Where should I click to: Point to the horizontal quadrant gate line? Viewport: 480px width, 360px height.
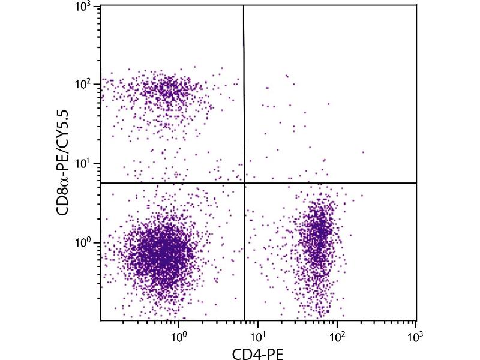click(330, 182)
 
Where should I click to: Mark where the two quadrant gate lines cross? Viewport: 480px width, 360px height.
click(245, 182)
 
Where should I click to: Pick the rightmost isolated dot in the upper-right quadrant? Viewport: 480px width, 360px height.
click(363, 152)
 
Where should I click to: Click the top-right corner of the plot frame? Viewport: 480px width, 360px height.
click(416, 5)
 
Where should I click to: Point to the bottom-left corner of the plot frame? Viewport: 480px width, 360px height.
click(100, 320)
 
